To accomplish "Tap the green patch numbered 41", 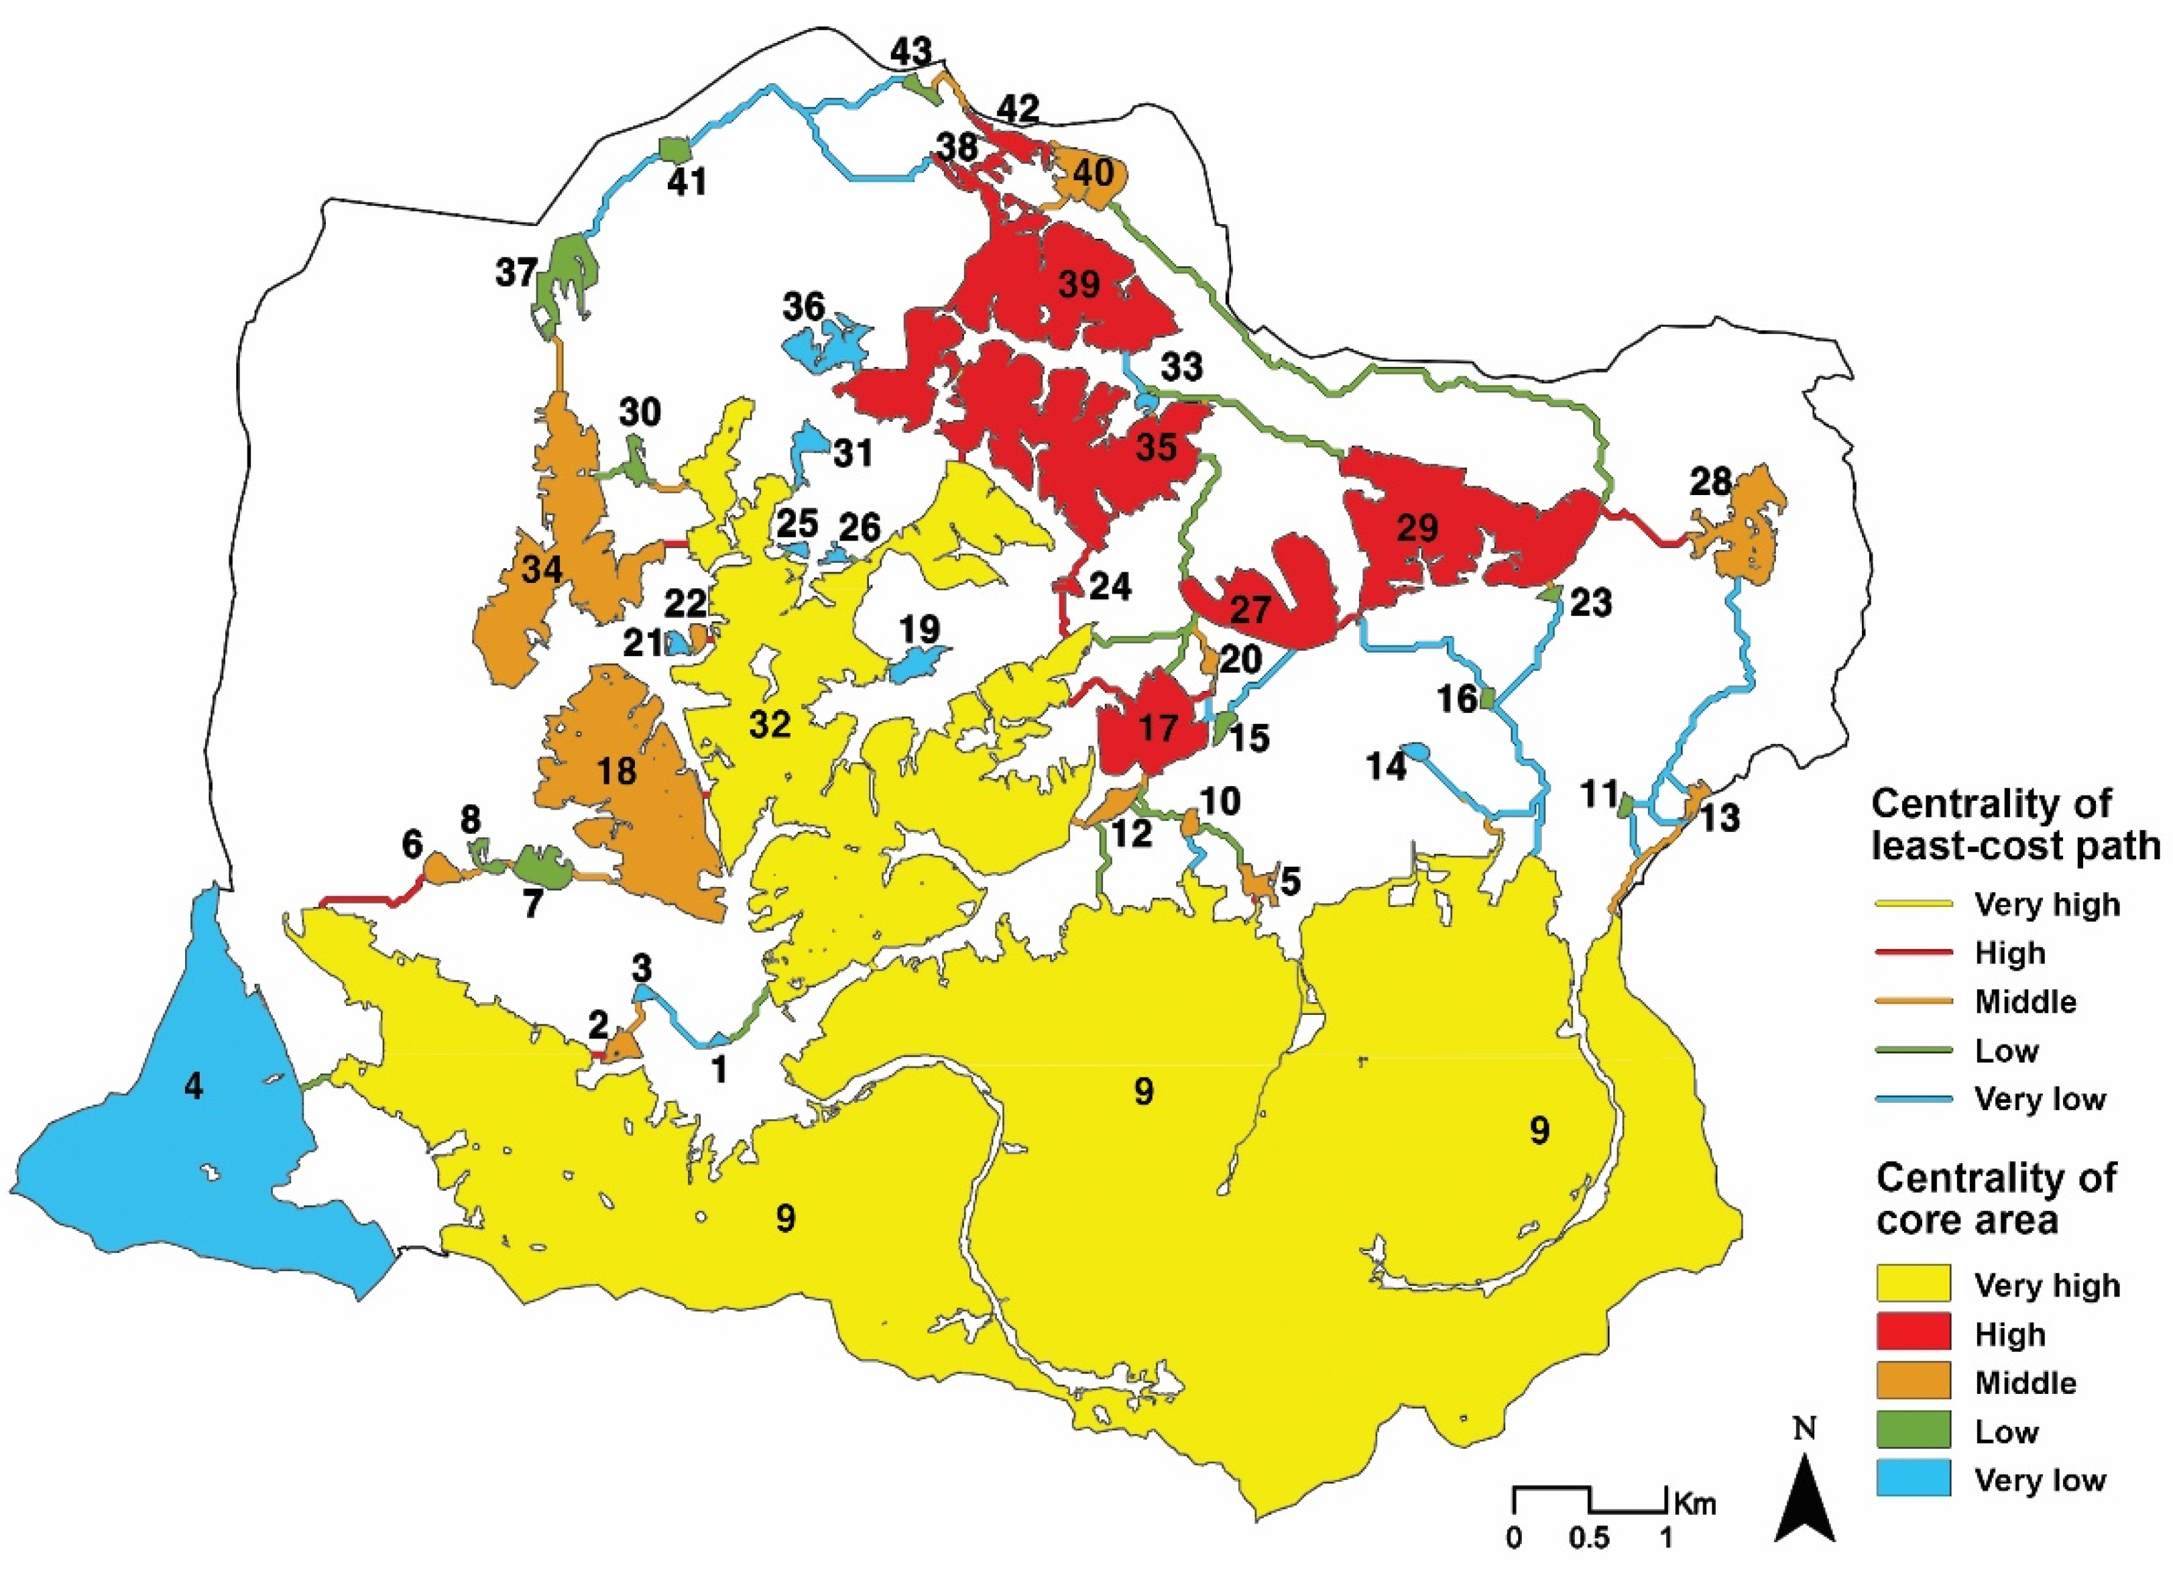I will [x=675, y=150].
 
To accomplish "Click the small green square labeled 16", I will [x=1487, y=699].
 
